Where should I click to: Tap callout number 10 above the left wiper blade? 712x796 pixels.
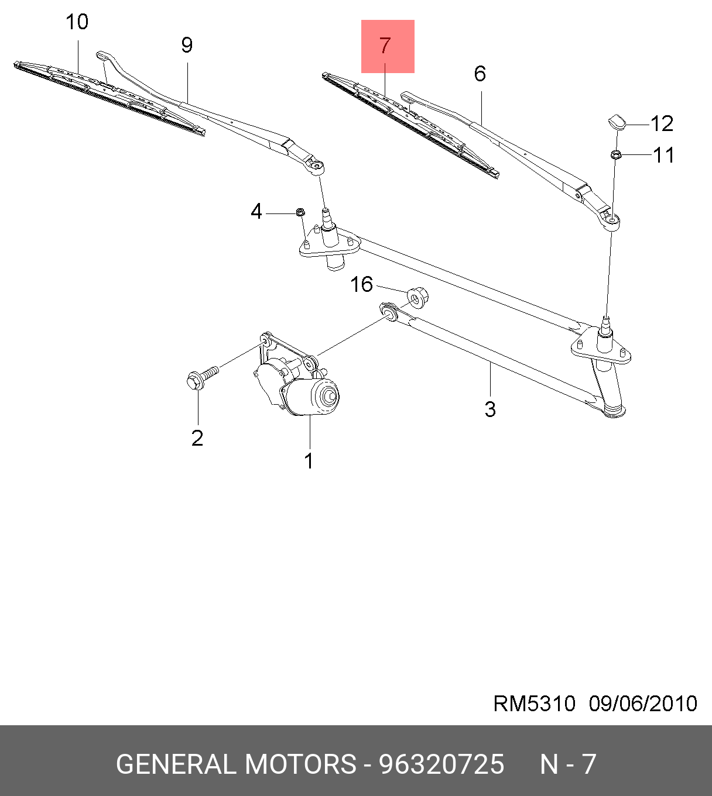(77, 23)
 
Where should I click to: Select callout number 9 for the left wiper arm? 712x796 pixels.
(187, 45)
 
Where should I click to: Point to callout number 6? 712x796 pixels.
(480, 74)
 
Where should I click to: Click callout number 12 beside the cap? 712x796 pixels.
(662, 124)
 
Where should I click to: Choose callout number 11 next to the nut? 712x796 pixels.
(663, 155)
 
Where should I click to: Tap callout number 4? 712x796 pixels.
(256, 212)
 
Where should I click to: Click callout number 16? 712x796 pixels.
(361, 285)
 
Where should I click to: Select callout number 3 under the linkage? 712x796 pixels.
(490, 409)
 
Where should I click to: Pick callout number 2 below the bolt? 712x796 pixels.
(197, 438)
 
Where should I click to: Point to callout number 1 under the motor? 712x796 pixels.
(309, 461)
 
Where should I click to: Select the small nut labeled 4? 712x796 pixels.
(300, 212)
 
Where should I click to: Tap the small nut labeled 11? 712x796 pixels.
(615, 155)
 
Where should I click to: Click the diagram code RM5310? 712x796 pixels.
(534, 704)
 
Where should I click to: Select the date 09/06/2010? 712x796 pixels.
(643, 704)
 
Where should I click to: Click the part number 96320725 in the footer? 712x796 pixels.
(441, 764)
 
